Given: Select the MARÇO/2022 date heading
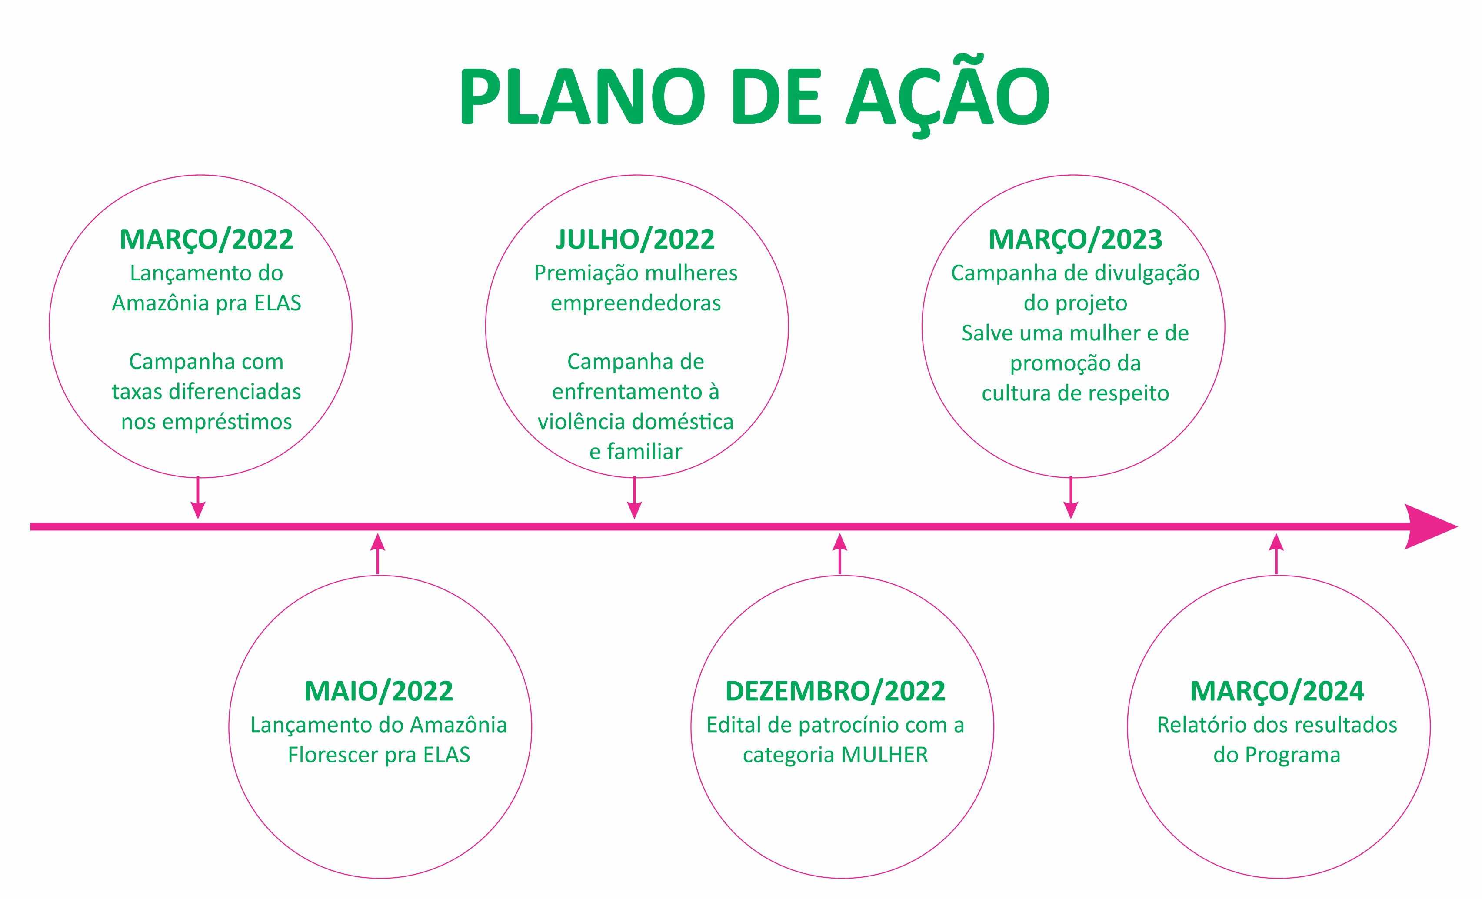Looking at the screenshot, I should [206, 240].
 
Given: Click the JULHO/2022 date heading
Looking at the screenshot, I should [636, 240].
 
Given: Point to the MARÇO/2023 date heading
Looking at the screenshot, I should [1076, 240].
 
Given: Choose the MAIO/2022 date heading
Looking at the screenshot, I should [379, 691].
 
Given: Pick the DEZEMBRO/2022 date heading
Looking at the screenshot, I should [836, 691].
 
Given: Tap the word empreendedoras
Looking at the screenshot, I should [636, 303].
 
